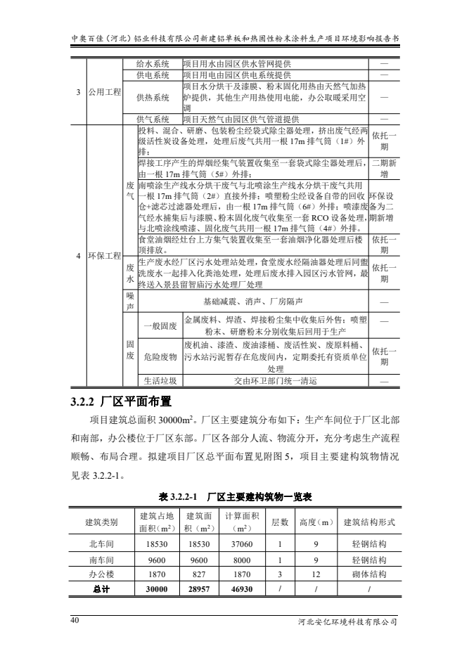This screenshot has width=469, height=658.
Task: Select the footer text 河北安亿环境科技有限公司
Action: coord(349,621)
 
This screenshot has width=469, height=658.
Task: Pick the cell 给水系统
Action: coord(153,63)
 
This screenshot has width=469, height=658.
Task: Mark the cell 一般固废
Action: coord(160,325)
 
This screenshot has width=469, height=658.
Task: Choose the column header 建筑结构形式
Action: coord(368,522)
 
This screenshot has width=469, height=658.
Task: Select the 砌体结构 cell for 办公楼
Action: coord(368,574)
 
